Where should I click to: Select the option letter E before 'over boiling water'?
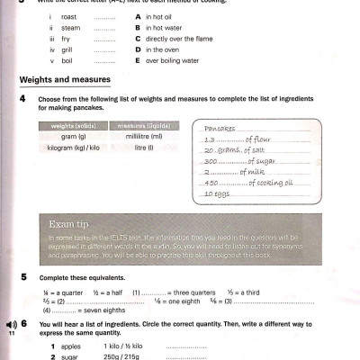pyautogui.click(x=137, y=62)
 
